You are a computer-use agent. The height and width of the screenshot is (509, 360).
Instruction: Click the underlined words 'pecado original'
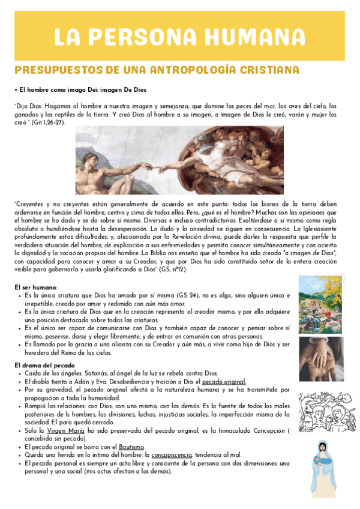click(x=224, y=381)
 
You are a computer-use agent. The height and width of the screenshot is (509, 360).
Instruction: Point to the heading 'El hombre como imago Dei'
click(x=82, y=89)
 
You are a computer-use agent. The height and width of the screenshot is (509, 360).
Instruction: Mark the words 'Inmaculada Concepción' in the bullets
click(x=254, y=431)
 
